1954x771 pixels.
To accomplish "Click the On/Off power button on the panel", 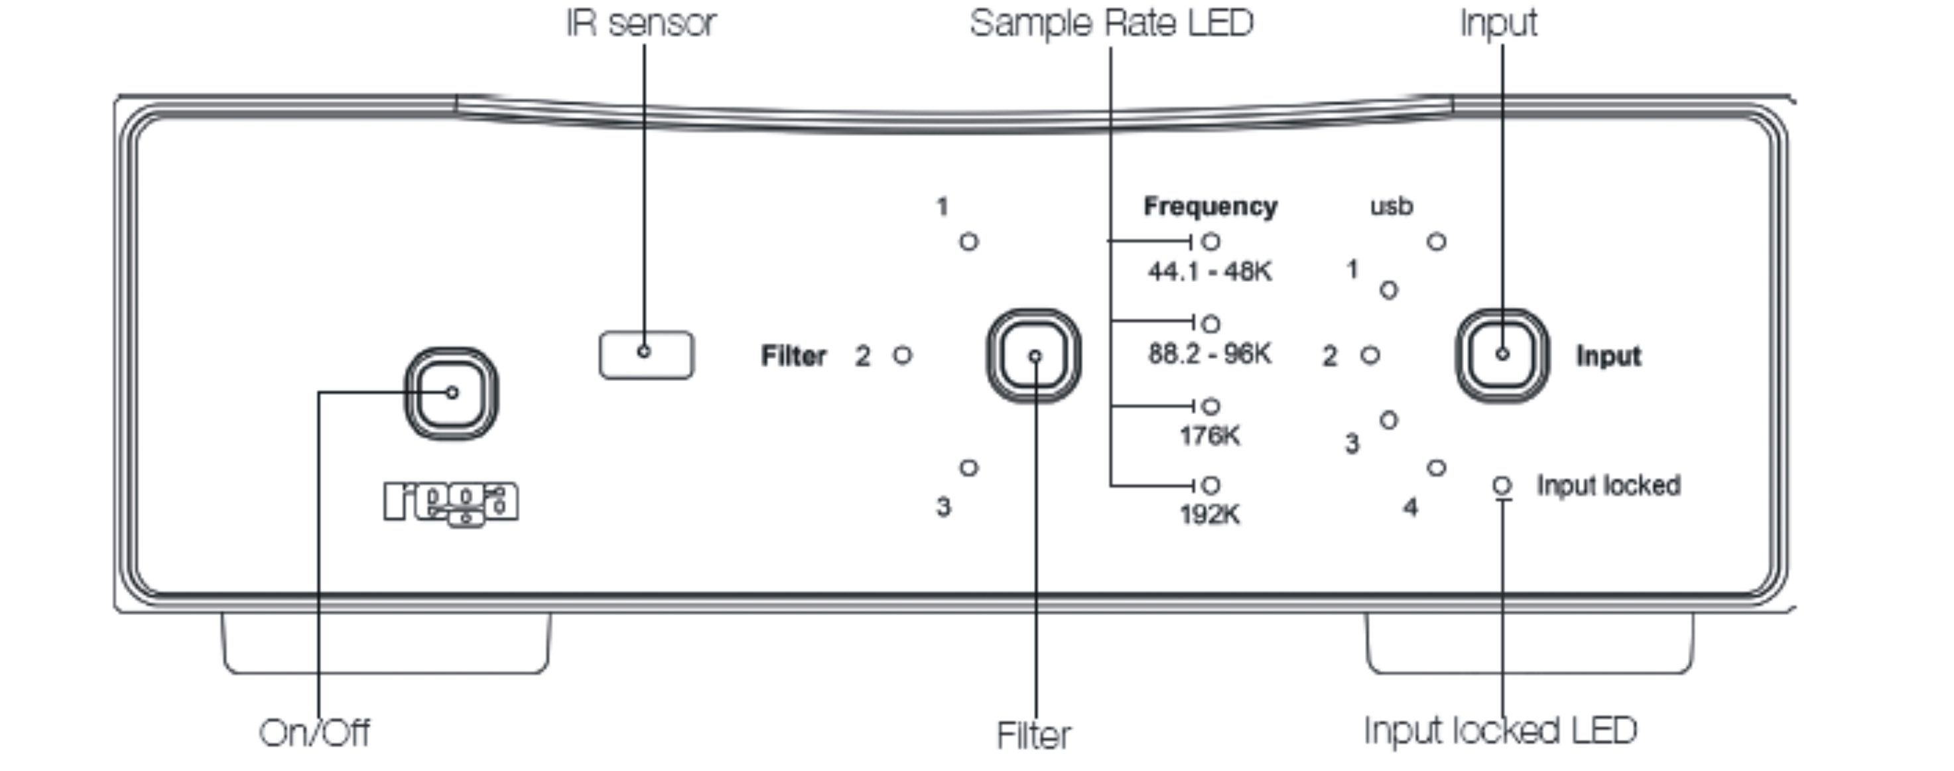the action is pos(451,393).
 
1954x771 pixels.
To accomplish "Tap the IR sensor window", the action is pos(646,354).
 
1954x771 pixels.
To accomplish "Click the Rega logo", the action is pos(451,503).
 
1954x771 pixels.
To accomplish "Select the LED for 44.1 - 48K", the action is pos(1211,242).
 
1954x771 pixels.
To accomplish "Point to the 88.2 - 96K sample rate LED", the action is pos(1211,324).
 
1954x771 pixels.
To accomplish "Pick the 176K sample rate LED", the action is pos(1211,406).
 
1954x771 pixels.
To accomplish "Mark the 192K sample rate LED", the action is pos(1211,485).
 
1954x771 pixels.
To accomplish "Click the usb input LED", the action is pos(1437,242).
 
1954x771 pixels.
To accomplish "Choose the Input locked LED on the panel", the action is pos(1502,485).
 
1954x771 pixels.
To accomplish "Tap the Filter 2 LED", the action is pos(902,354).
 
